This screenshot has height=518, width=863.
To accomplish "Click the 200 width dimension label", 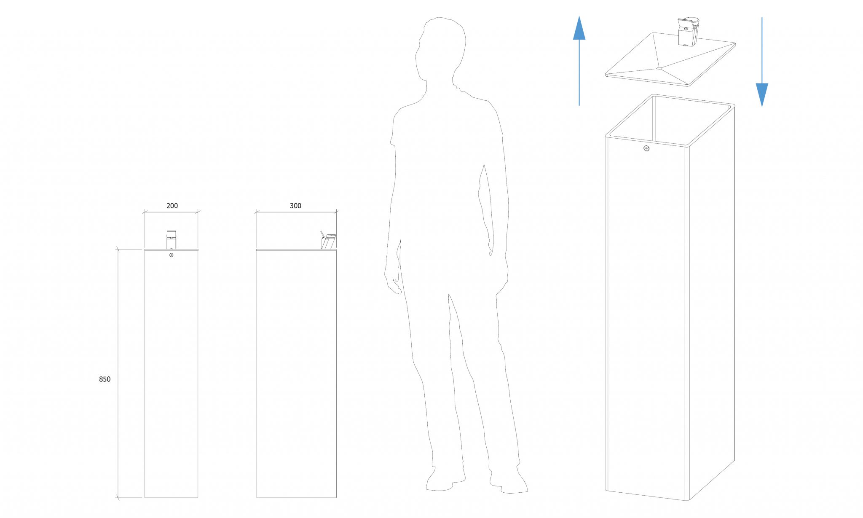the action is click(172, 206).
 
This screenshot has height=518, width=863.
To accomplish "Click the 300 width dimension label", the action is click(295, 206).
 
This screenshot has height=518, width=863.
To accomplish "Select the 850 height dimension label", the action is click(105, 379).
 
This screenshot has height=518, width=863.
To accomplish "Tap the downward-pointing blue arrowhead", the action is click(762, 95).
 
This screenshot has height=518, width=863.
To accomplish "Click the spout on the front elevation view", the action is click(171, 240).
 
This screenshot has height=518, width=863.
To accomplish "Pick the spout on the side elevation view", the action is click(328, 242).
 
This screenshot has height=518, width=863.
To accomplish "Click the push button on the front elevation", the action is click(171, 255).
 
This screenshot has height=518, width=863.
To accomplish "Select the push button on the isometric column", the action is click(646, 148).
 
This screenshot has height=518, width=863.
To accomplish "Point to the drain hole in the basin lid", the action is click(659, 67).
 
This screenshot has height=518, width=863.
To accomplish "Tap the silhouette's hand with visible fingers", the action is click(393, 284).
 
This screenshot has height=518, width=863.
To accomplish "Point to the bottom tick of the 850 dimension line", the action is click(118, 498).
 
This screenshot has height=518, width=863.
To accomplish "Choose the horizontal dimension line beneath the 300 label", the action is click(296, 212).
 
